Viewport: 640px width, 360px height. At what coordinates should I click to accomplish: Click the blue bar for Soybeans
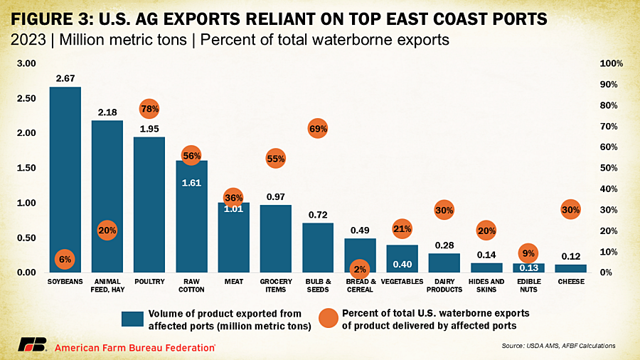[x=65, y=171]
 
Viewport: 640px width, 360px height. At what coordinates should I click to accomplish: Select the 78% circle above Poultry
[x=149, y=109]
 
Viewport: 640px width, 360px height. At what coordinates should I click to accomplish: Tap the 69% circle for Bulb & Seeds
[x=318, y=129]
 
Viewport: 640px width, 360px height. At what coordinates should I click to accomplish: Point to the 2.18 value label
[x=107, y=112]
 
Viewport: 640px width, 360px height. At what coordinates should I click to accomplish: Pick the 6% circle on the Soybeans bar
[x=65, y=260]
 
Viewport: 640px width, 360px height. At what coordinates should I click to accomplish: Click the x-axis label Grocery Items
[x=276, y=285]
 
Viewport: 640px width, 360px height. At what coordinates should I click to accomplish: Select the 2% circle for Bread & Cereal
[x=360, y=269]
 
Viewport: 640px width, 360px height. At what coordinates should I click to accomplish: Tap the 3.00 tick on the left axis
[x=26, y=63]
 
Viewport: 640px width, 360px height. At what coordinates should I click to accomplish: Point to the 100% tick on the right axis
[x=612, y=63]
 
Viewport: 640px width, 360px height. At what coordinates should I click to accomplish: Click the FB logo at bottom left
[x=38, y=346]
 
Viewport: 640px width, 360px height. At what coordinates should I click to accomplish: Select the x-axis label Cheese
[x=570, y=282]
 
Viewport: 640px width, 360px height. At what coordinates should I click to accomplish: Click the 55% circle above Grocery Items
[x=276, y=158]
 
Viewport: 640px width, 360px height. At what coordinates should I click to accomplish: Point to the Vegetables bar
[x=402, y=260]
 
